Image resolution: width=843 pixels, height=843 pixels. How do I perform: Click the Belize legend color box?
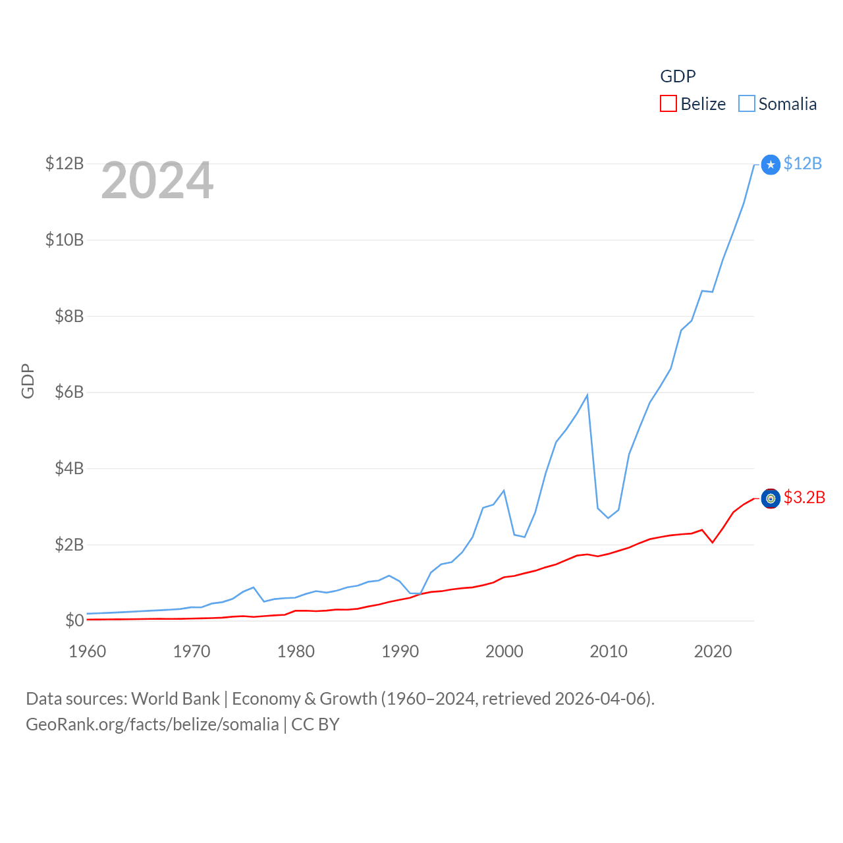[x=668, y=104]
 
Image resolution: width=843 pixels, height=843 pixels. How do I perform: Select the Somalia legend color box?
[x=746, y=104]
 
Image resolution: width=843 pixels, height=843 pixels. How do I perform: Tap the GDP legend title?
[x=678, y=76]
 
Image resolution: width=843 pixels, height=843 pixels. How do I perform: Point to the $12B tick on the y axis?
[x=65, y=163]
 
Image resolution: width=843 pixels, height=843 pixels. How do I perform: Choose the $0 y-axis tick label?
[x=74, y=620]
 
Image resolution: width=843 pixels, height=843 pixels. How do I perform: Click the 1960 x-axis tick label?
[x=88, y=651]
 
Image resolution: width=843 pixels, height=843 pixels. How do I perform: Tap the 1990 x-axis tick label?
[x=400, y=651]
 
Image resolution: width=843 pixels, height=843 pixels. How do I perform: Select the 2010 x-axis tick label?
[x=609, y=651]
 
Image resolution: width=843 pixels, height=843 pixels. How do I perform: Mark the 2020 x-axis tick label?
[x=713, y=651]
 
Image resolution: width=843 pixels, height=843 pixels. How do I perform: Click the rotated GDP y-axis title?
[x=28, y=381]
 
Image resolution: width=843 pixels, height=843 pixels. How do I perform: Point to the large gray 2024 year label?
[x=157, y=180]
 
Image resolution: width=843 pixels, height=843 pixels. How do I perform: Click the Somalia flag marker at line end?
[x=771, y=165]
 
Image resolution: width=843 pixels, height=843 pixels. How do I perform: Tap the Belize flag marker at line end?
[x=771, y=499]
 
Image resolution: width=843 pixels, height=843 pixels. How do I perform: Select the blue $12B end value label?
[x=803, y=163]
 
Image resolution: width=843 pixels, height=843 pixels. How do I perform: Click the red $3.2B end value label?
[x=804, y=497]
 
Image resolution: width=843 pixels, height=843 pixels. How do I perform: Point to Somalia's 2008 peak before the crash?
[x=587, y=395]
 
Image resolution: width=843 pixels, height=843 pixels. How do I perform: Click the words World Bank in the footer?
[x=176, y=699]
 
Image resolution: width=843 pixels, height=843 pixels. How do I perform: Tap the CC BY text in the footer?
[x=315, y=724]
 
